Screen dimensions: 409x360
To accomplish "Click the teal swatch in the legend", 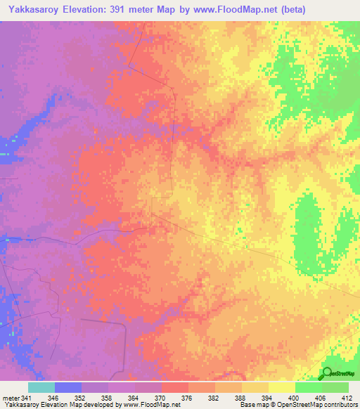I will point(41,388).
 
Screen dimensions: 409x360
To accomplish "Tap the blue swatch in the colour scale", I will point(67,388).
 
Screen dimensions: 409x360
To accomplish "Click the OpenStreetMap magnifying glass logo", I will point(327,373).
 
